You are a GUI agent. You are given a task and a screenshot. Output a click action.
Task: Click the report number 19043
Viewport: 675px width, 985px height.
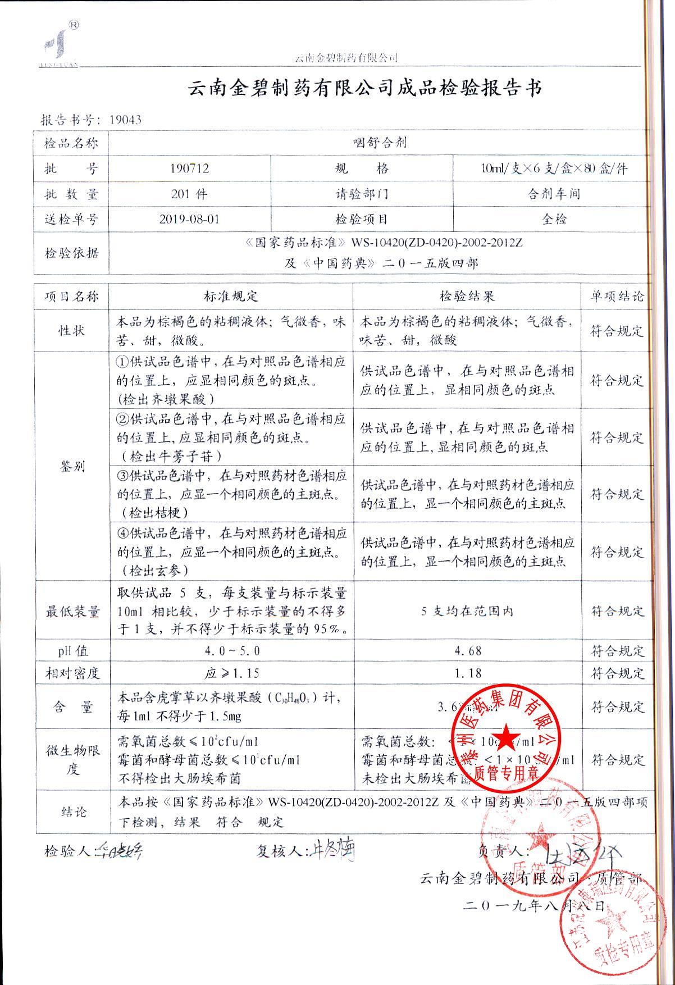tap(125, 120)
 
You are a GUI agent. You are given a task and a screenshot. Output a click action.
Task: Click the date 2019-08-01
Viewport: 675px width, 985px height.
tap(189, 219)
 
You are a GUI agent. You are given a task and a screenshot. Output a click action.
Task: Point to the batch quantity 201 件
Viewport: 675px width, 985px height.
tap(189, 194)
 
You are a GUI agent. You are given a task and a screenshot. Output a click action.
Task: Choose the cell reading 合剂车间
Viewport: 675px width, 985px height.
tap(553, 194)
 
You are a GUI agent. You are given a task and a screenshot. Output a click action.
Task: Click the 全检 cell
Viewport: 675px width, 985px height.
tap(553, 219)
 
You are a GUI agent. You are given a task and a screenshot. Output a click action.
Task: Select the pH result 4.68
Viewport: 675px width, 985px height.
tap(467, 651)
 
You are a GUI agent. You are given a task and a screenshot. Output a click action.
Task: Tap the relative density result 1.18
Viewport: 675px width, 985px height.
tap(467, 673)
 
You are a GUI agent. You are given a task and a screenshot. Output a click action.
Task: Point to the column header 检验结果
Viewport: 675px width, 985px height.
tap(467, 296)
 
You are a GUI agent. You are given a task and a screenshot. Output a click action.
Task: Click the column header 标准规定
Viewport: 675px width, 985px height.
tap(231, 296)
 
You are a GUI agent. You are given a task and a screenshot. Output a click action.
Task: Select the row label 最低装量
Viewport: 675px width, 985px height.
tap(72, 612)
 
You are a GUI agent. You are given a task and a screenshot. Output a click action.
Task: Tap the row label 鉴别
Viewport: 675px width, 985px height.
tap(72, 467)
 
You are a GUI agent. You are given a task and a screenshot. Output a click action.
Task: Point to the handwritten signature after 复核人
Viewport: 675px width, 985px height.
tap(332, 851)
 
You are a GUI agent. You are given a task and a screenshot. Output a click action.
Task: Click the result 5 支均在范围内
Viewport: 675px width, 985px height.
tap(467, 611)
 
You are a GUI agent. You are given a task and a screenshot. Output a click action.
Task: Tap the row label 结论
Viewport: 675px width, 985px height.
tap(72, 812)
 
